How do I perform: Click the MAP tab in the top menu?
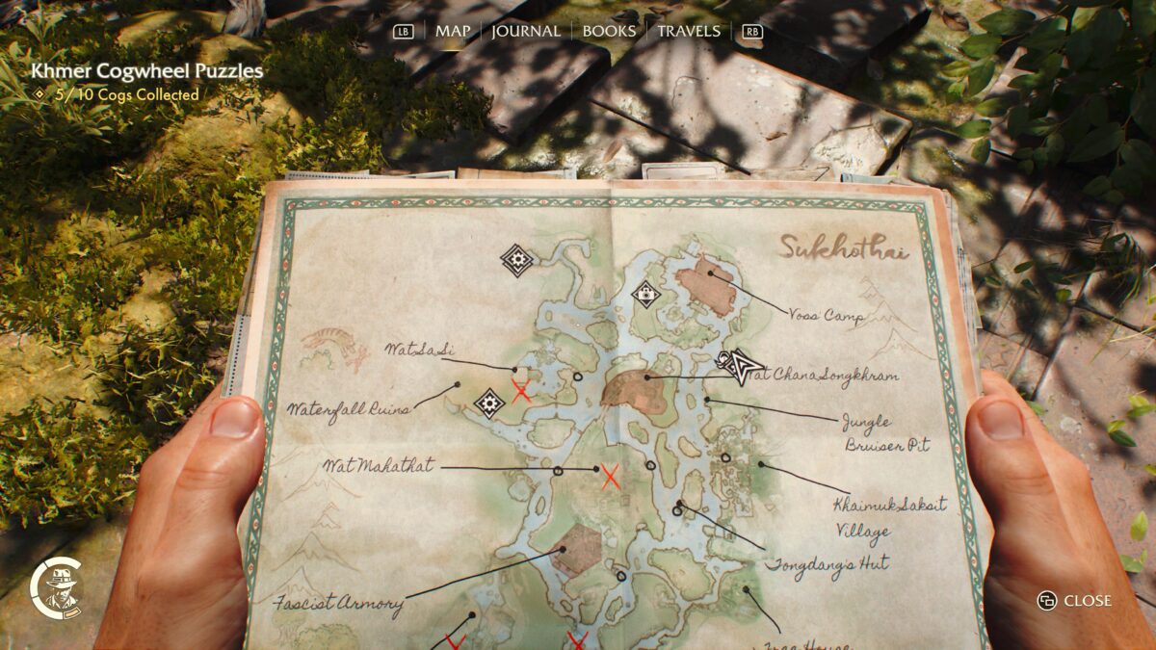point(453,31)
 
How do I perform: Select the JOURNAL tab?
point(526,31)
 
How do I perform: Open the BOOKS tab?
point(609,31)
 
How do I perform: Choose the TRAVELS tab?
point(689,31)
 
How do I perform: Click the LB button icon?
point(404,32)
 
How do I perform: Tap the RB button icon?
point(751,32)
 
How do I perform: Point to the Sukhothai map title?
point(844,247)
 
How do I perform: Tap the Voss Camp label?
point(825,315)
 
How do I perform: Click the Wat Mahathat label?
point(379,467)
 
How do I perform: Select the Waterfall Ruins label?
point(348,408)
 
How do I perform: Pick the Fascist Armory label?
point(337,605)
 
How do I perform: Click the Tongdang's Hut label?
point(827,563)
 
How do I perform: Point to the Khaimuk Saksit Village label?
point(888,516)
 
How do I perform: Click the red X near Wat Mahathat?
point(610,476)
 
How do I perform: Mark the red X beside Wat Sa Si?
point(521,390)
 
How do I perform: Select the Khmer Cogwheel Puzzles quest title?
point(146,70)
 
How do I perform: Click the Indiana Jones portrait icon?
point(60,588)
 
